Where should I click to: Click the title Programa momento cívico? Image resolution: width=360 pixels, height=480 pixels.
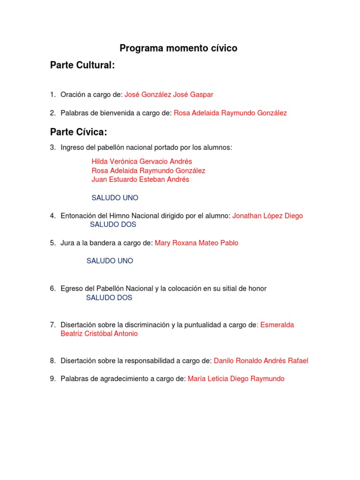point(178,48)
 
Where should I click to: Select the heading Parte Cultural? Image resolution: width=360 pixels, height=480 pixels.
point(82,66)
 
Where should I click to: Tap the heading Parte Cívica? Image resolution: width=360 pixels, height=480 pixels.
point(79,132)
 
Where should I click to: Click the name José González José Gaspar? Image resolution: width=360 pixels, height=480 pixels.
point(169,95)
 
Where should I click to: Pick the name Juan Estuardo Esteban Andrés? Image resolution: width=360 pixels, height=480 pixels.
point(141,180)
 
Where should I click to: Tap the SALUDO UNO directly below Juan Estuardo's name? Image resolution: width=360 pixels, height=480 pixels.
point(115,198)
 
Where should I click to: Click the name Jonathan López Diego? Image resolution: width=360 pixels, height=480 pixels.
point(268,216)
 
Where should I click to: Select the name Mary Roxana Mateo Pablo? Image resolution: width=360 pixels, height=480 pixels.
point(196,243)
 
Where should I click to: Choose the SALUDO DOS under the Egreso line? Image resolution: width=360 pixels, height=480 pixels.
point(109,298)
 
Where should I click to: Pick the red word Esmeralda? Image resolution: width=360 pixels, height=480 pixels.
point(277,325)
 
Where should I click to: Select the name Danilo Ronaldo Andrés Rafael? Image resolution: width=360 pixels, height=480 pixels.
point(261,361)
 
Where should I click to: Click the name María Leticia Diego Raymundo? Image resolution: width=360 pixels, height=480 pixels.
point(236,379)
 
